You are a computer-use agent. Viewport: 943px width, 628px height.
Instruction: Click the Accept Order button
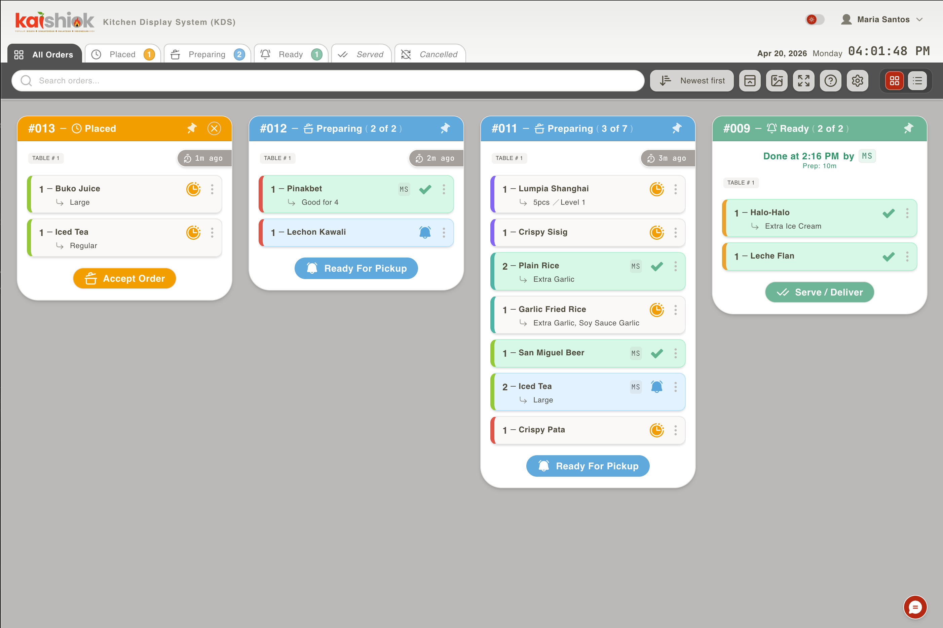click(124, 278)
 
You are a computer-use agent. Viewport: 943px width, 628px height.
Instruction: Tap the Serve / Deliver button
click(819, 292)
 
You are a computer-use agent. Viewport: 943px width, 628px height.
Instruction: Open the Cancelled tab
click(430, 54)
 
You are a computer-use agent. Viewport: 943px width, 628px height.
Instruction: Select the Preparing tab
click(207, 54)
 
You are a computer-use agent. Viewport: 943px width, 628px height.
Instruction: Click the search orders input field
click(328, 80)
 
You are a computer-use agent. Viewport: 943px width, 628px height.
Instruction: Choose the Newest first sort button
click(692, 80)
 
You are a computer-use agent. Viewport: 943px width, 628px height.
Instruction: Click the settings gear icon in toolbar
click(857, 80)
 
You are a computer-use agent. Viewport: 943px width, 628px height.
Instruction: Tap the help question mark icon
click(830, 80)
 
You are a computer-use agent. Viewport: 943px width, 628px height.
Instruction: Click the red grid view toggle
click(894, 80)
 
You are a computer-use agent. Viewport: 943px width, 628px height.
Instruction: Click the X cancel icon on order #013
click(214, 128)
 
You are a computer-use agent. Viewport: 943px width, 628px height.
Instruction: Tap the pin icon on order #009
click(908, 128)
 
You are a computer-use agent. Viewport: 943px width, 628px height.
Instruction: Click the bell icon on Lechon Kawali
click(425, 232)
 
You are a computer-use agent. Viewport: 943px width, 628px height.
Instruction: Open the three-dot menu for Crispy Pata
click(675, 430)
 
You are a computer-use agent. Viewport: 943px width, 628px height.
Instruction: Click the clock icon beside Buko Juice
click(193, 189)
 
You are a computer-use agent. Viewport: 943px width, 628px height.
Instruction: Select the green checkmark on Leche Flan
click(889, 256)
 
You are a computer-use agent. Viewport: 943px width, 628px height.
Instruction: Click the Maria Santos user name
click(883, 19)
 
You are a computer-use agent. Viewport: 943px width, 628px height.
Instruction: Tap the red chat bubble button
click(915, 607)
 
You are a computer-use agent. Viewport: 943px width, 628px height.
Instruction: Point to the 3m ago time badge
click(668, 158)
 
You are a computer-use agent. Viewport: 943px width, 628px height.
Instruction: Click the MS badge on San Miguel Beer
click(635, 353)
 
